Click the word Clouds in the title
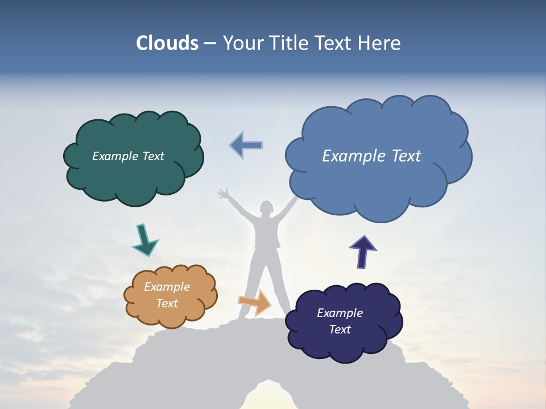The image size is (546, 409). (167, 43)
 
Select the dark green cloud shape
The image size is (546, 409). (134, 182)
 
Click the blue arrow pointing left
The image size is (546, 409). (246, 145)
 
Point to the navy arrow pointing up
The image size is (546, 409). (362, 252)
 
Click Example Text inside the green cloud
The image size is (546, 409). (128, 156)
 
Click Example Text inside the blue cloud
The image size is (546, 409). (371, 156)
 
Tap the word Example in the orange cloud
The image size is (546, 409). (167, 287)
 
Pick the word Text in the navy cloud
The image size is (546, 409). (340, 329)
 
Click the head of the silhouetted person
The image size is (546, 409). (266, 208)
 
